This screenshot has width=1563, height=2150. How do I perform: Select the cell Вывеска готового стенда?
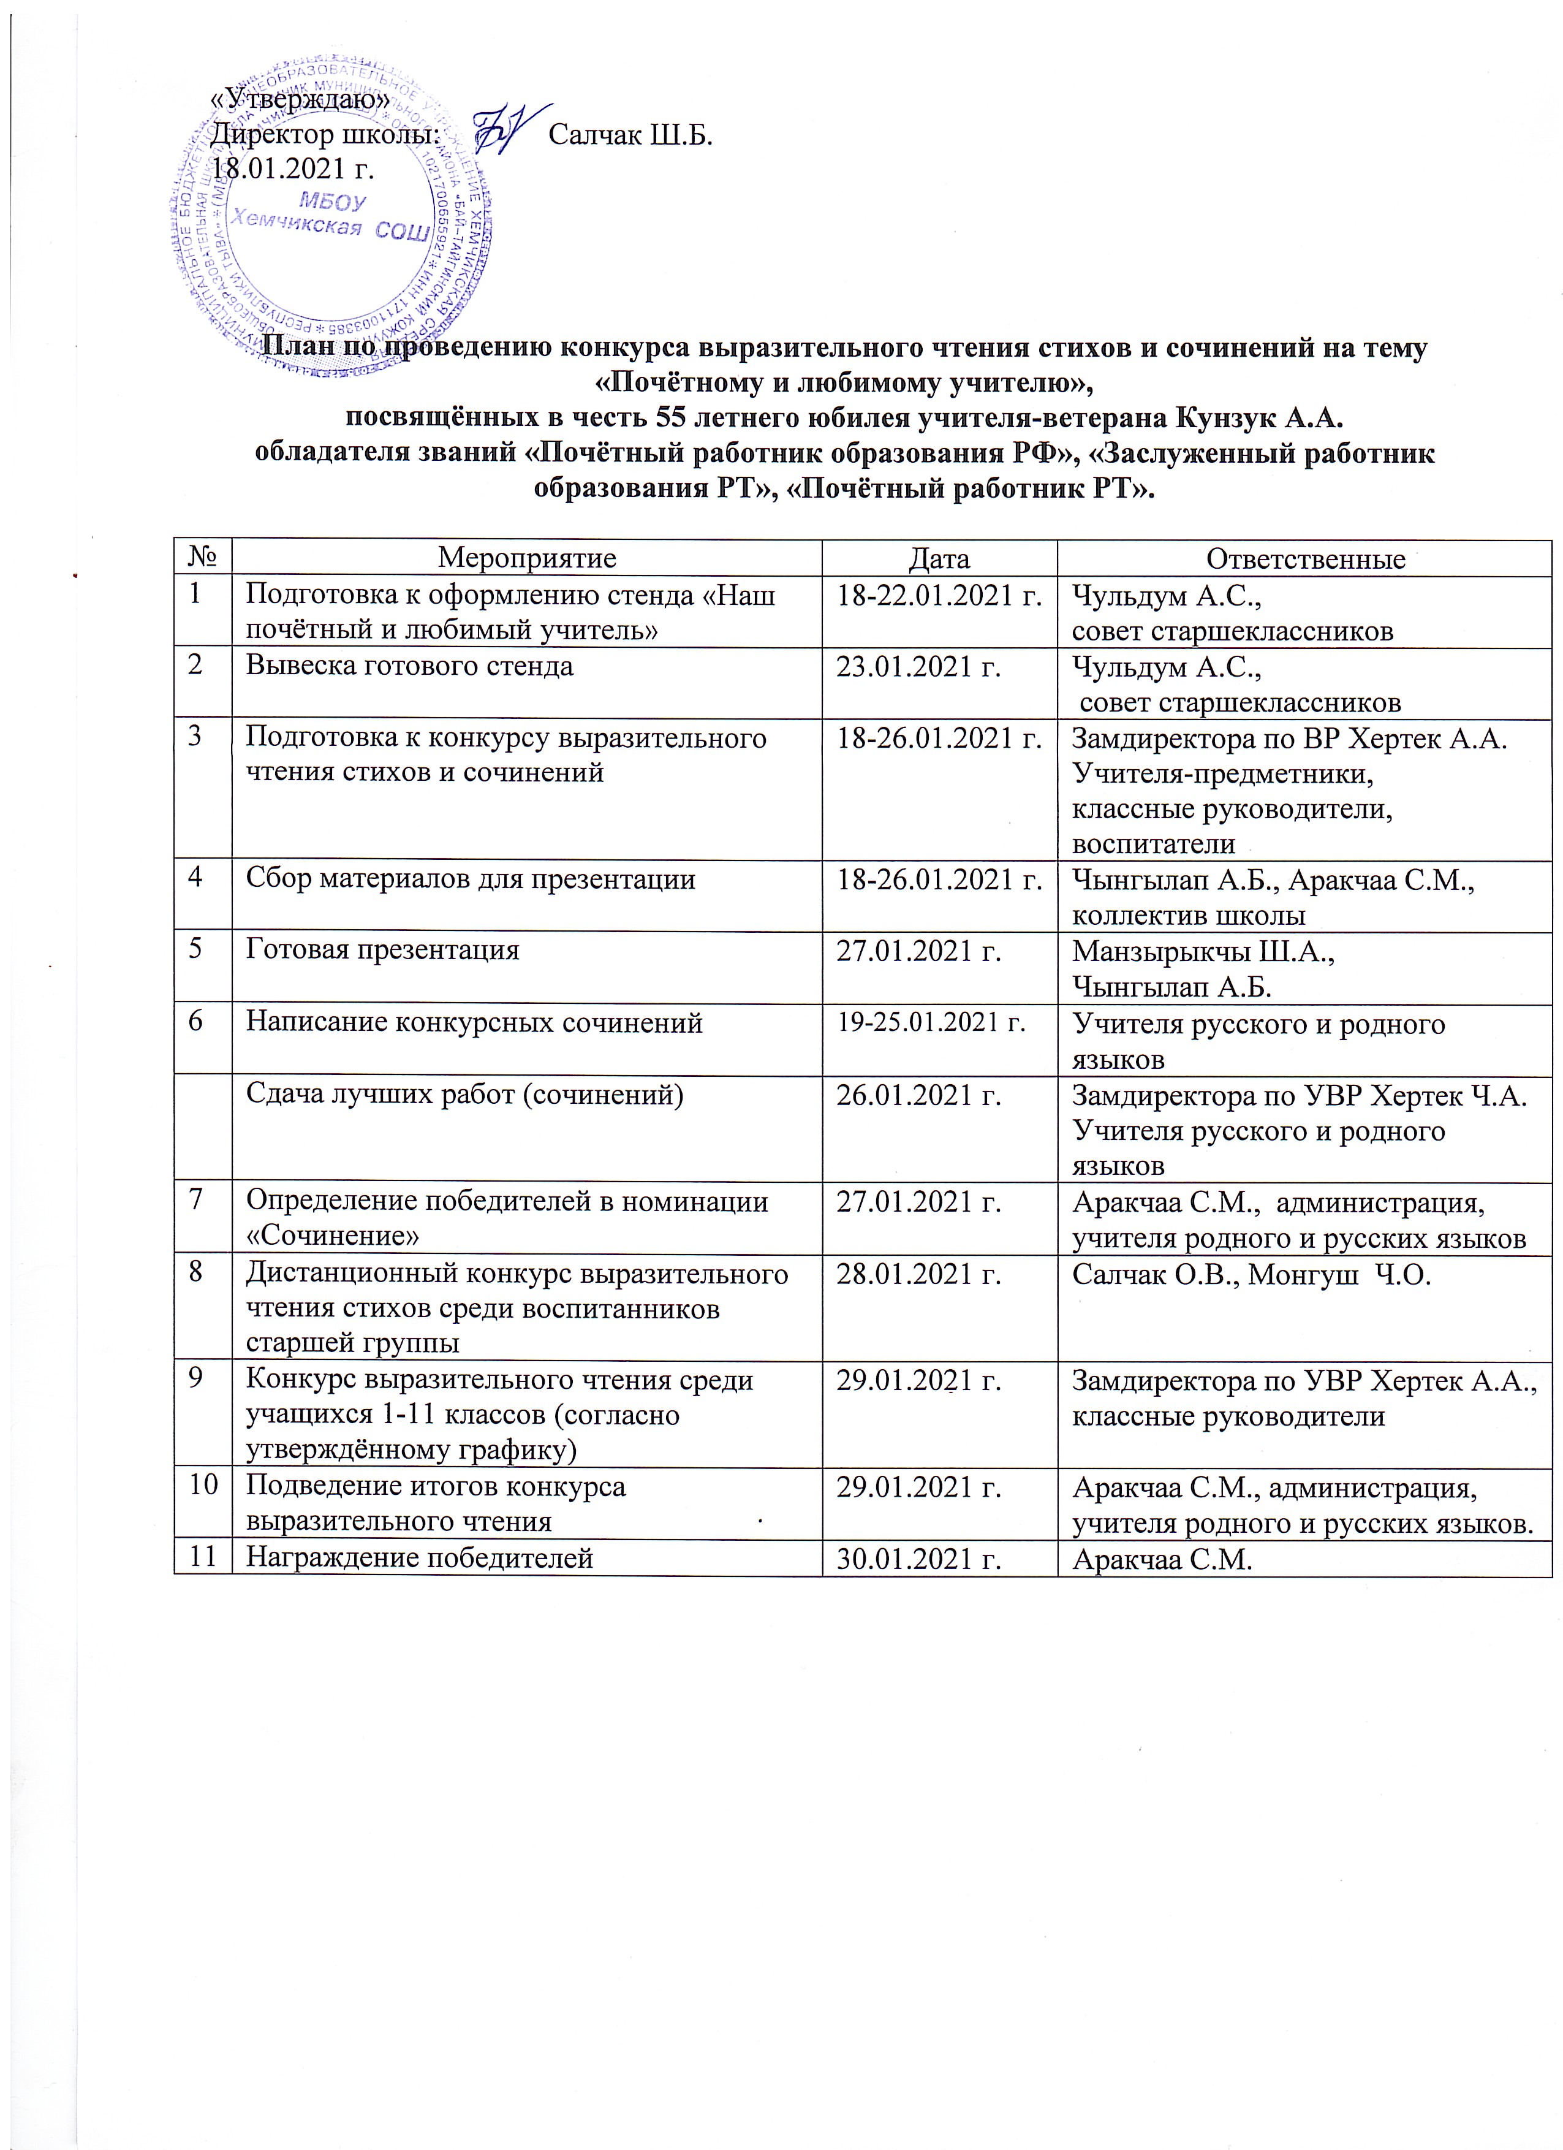pos(409,666)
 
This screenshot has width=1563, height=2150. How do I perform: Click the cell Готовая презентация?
pos(383,950)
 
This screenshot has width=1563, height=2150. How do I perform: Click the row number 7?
pos(195,1200)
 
